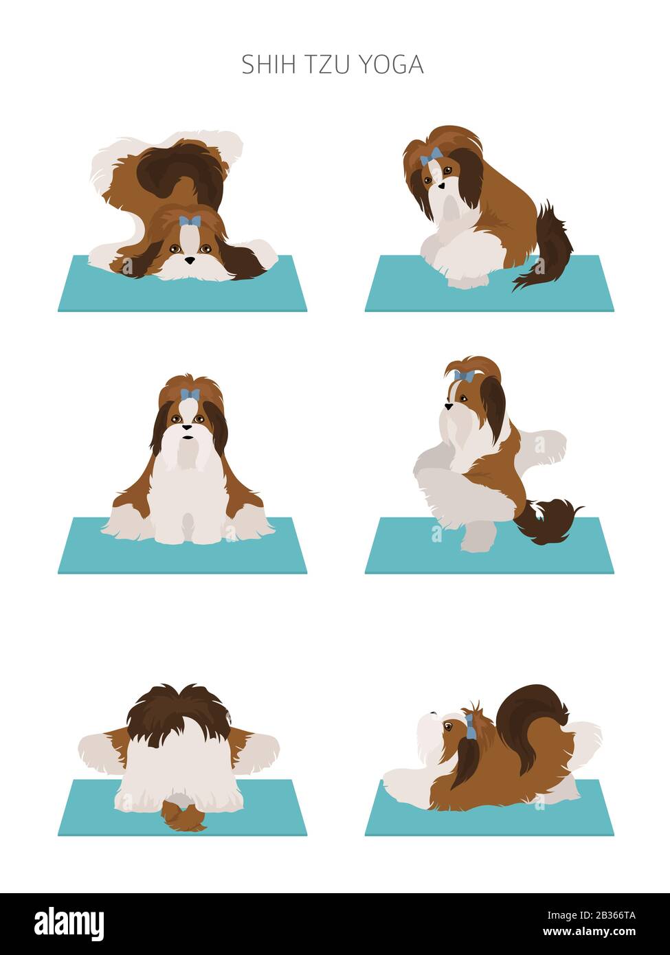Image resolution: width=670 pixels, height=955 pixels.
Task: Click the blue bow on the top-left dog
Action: (190, 221)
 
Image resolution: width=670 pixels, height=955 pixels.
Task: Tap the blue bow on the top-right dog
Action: (432, 156)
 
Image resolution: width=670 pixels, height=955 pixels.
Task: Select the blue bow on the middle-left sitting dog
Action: (190, 394)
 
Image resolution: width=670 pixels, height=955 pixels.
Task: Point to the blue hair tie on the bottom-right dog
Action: (470, 727)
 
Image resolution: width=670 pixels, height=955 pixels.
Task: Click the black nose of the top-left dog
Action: (189, 260)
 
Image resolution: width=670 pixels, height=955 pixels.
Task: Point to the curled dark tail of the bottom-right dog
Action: (531, 715)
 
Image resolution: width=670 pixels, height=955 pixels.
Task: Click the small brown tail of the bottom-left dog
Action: (182, 818)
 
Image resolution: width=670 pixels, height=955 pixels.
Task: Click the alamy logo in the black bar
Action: (69, 923)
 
